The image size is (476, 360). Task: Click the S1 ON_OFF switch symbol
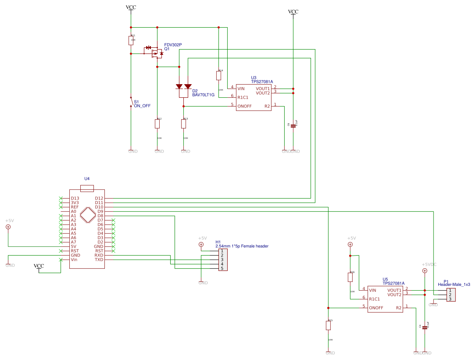pyautogui.click(x=131, y=102)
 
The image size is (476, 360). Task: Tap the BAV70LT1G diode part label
pyautogui.click(x=203, y=95)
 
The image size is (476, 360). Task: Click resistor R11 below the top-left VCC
pyautogui.click(x=131, y=40)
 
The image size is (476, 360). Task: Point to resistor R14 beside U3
pyautogui.click(x=218, y=75)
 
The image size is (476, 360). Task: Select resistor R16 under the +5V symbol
pyautogui.click(x=350, y=277)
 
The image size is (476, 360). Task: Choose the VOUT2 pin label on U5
pyautogui.click(x=394, y=295)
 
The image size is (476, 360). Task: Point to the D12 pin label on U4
pyautogui.click(x=99, y=198)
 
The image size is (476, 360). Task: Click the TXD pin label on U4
pyautogui.click(x=99, y=260)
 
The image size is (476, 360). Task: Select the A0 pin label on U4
pyautogui.click(x=74, y=211)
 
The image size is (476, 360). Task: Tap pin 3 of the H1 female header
pyautogui.click(x=222, y=260)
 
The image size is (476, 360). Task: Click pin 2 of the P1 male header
pyautogui.click(x=450, y=295)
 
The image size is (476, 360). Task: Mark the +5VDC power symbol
pyautogui.click(x=424, y=271)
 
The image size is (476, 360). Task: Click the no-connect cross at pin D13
pyautogui.click(x=61, y=198)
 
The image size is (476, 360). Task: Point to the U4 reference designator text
pyautogui.click(x=87, y=179)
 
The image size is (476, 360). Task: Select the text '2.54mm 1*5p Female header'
pyautogui.click(x=242, y=246)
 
